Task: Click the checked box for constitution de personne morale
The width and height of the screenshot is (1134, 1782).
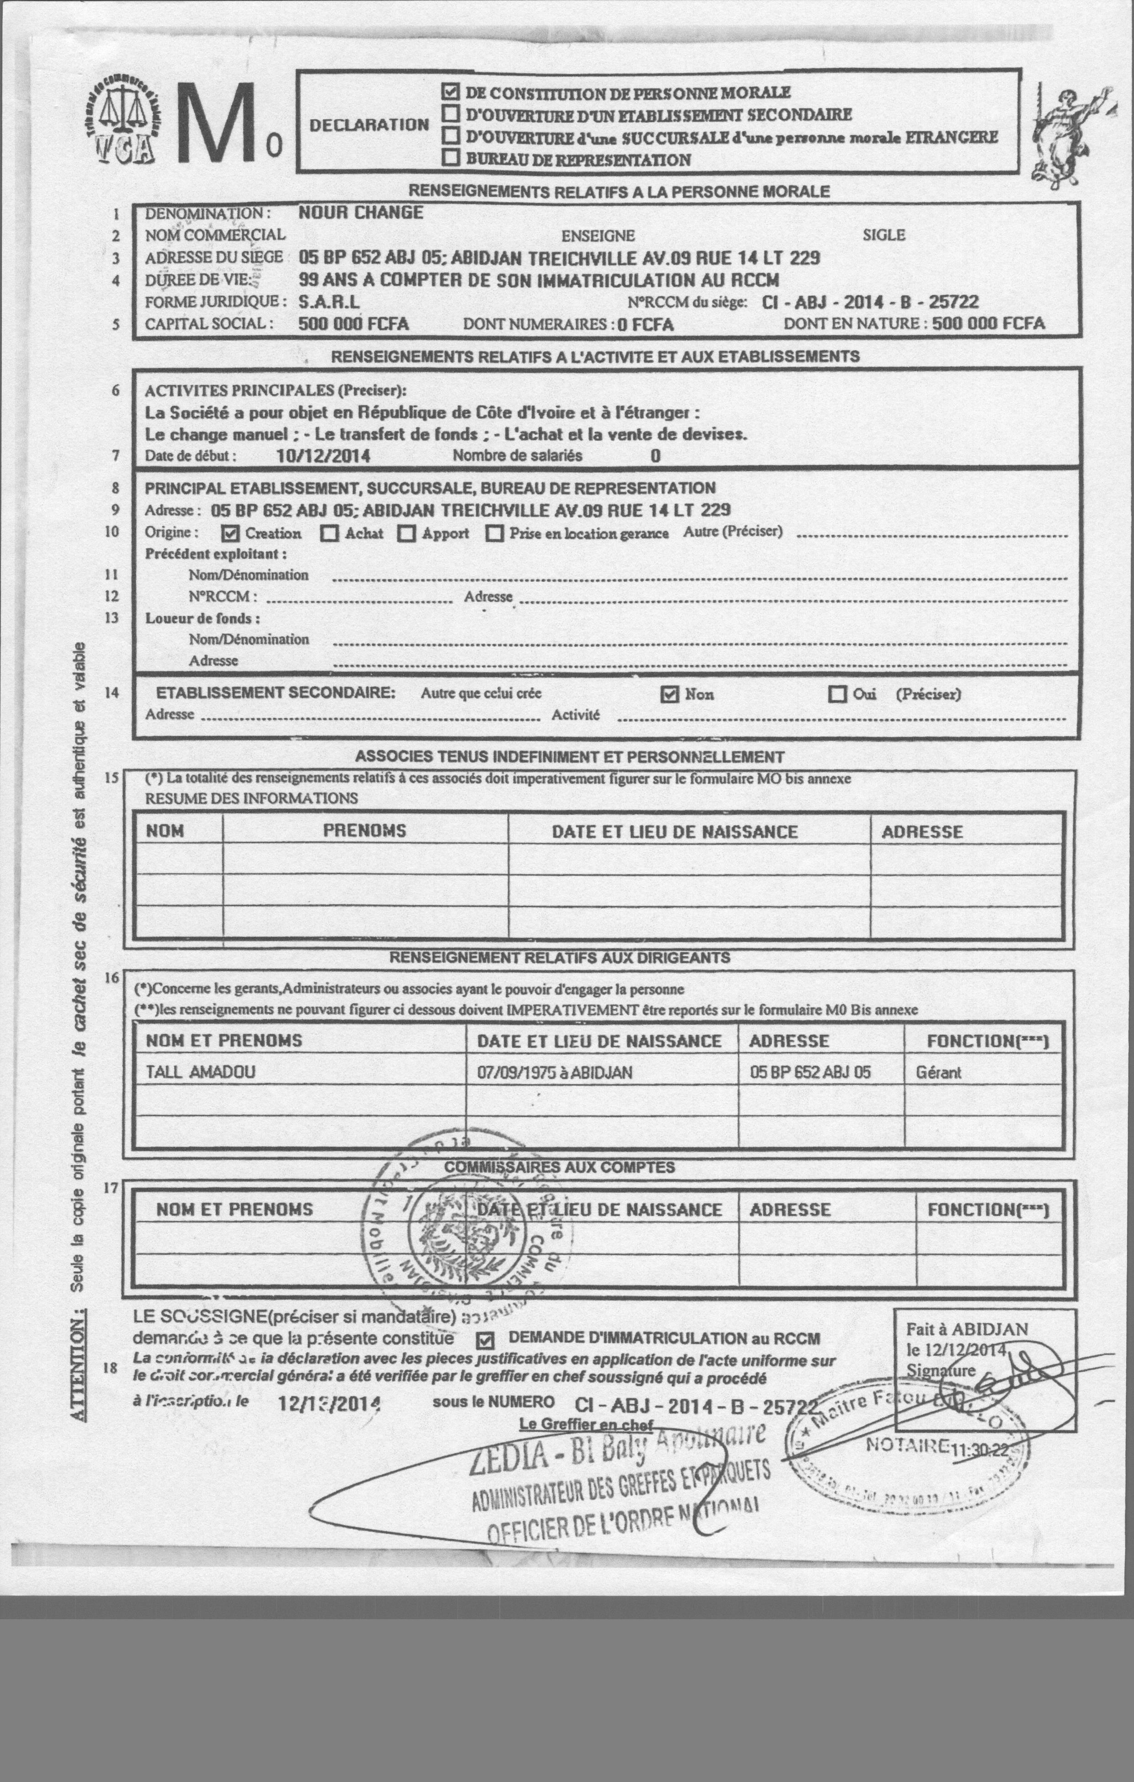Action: (x=449, y=92)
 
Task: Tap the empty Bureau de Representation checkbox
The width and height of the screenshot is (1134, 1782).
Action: (x=449, y=158)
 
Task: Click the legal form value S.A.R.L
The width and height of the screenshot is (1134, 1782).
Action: (x=329, y=302)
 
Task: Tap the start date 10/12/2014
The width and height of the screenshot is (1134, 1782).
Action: (x=323, y=456)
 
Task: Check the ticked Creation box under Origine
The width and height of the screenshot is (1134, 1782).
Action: (x=230, y=533)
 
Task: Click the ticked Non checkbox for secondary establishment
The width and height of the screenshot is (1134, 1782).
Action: (x=669, y=694)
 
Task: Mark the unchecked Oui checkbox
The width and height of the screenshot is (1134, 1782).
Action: (x=837, y=694)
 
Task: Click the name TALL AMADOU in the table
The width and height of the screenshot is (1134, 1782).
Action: (x=200, y=1071)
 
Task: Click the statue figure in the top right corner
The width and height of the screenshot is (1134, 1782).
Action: (x=1066, y=133)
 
